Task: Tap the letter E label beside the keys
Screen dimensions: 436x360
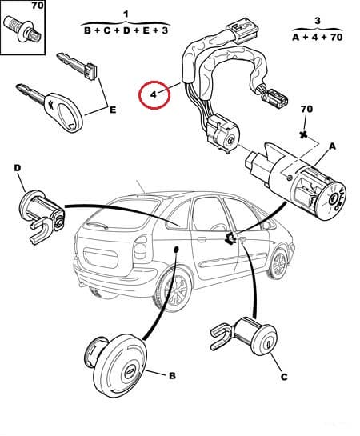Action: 112,110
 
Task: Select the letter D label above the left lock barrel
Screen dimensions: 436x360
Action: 18,167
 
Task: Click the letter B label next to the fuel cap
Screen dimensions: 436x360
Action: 171,374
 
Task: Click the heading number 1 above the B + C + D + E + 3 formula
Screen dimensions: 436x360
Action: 126,14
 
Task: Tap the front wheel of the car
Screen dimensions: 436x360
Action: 278,263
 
